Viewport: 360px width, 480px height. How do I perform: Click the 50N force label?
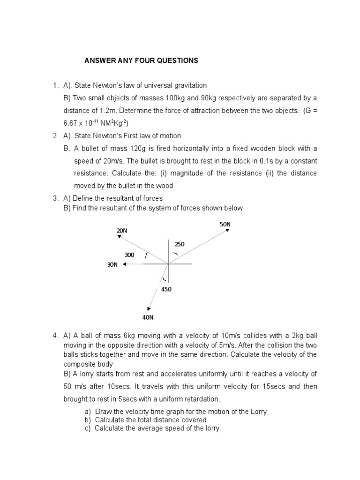[225, 225]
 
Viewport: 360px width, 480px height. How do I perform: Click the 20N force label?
[122, 231]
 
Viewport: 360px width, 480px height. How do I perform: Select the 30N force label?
[112, 265]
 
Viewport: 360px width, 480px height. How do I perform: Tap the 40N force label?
[148, 317]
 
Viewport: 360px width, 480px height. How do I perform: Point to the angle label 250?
[180, 244]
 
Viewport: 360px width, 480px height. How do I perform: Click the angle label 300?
[129, 255]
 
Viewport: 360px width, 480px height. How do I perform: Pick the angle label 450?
[166, 289]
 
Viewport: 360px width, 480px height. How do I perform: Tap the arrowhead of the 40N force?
[149, 308]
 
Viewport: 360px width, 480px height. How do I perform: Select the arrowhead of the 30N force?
[125, 264]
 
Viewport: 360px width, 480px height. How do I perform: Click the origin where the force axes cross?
[167, 264]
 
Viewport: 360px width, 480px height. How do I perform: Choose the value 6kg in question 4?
[117, 336]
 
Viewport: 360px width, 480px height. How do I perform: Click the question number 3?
[55, 199]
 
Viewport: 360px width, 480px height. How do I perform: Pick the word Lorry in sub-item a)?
[257, 412]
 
